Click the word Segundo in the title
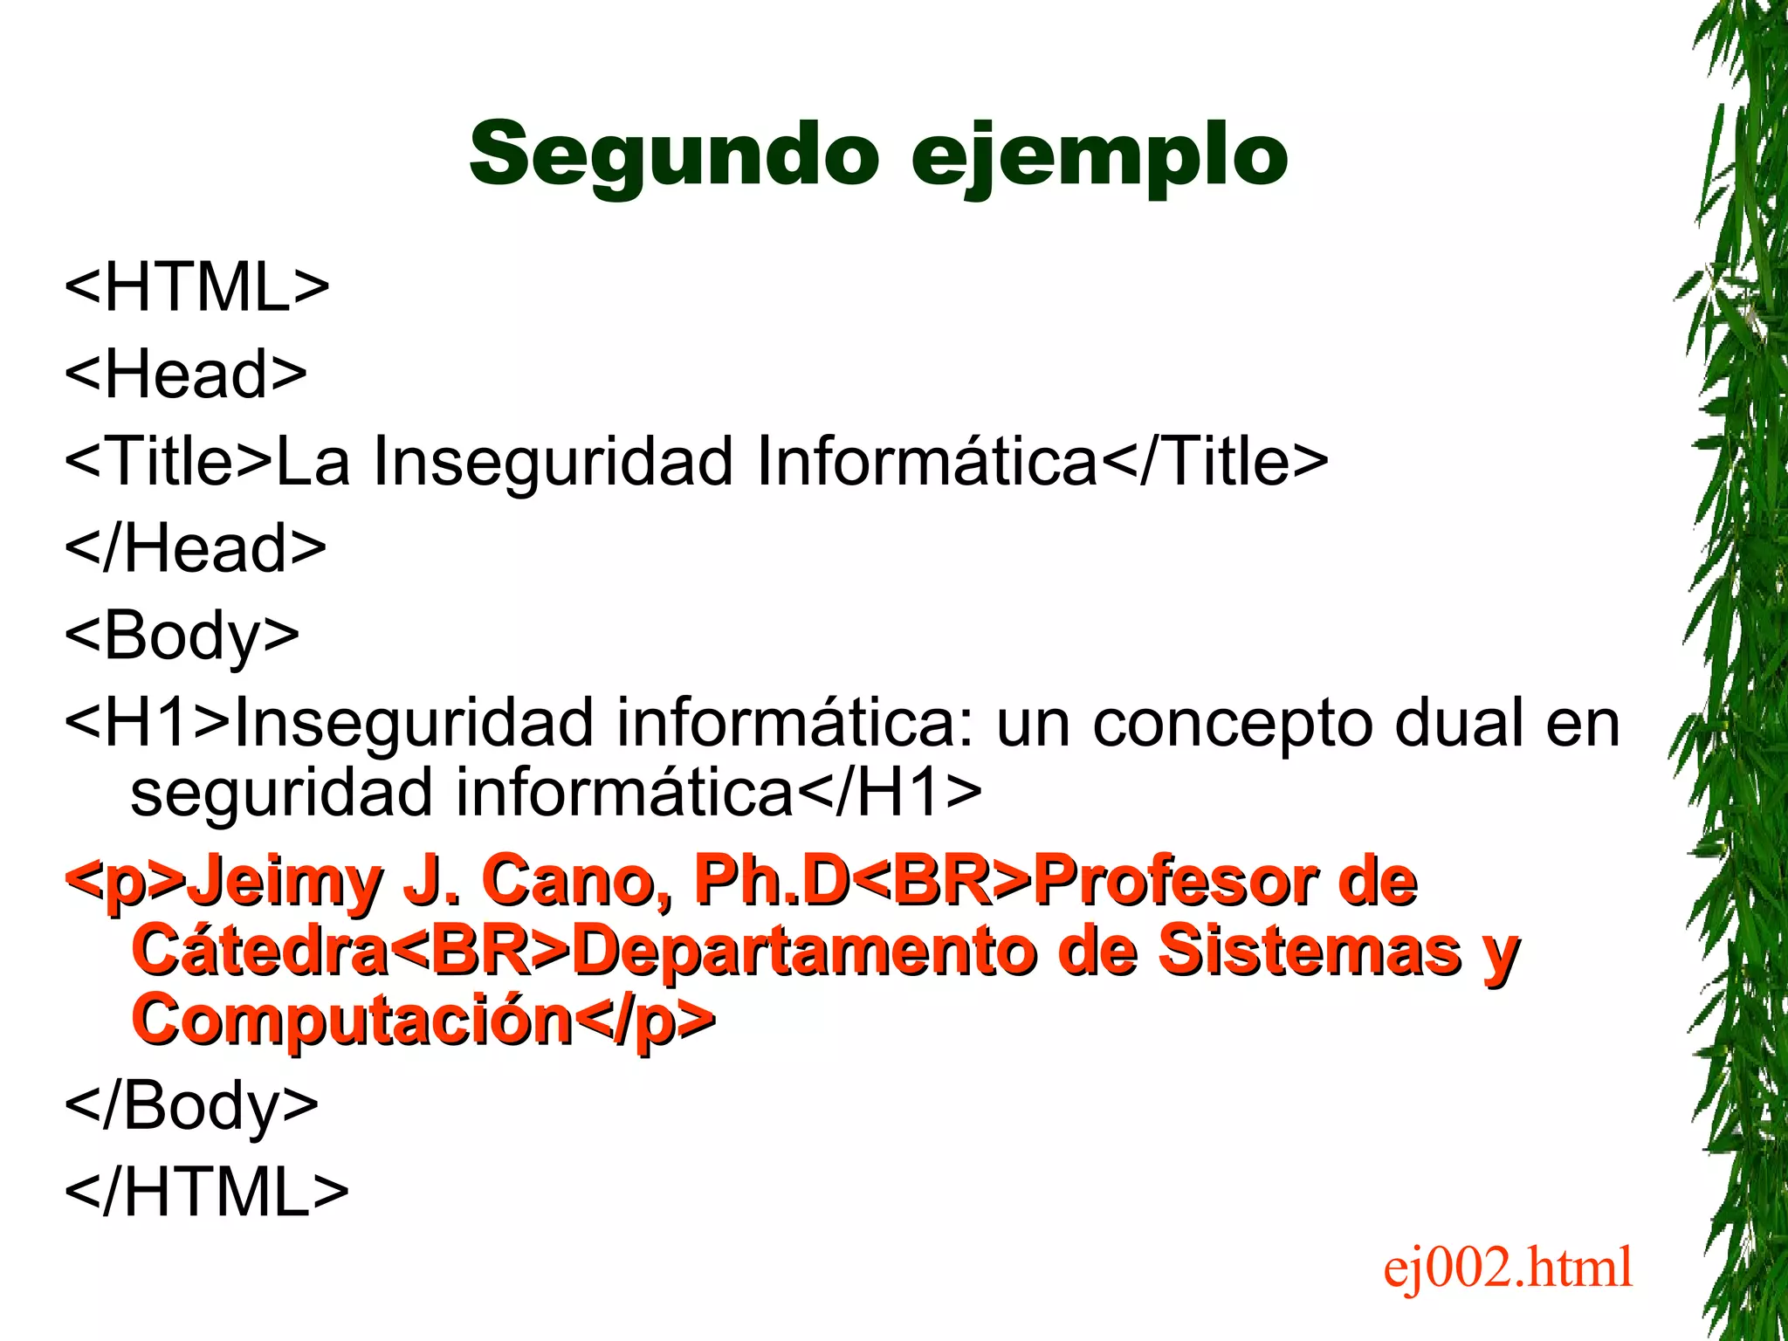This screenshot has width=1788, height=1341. tap(673, 155)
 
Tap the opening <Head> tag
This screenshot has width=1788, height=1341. tap(186, 374)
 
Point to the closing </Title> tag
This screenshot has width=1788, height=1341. tap(1214, 460)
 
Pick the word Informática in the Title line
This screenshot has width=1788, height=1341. tap(926, 460)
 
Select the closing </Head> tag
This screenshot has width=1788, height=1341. tap(196, 547)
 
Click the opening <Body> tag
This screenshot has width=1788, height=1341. tap(182, 636)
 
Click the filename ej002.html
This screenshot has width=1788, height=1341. tap(1507, 1267)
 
